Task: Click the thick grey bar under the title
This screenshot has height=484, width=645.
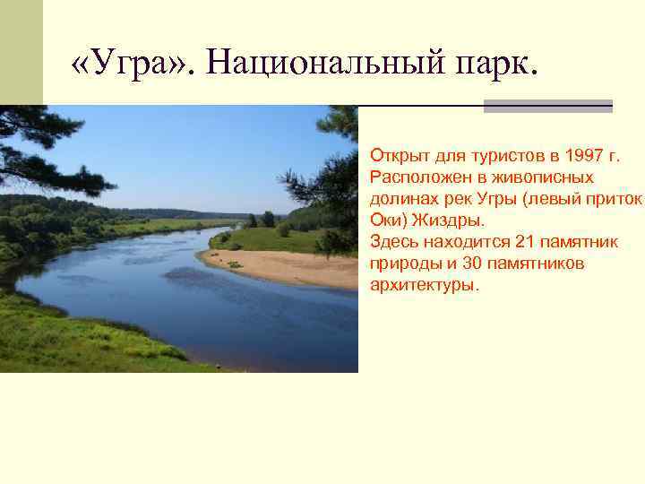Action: (x=547, y=106)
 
